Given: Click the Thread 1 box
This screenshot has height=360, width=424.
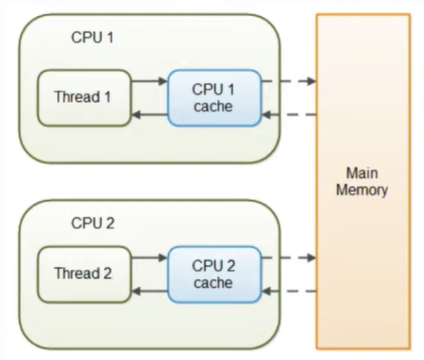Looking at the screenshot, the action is [x=84, y=98].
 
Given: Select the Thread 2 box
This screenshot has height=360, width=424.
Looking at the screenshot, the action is [x=84, y=274].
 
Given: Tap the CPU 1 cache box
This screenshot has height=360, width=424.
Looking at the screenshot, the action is [x=214, y=98].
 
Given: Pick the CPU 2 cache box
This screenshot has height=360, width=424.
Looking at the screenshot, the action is [x=214, y=275].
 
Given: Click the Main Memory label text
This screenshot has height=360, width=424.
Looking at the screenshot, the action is [x=362, y=182].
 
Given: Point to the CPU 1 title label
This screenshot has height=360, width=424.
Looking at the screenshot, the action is [x=92, y=37].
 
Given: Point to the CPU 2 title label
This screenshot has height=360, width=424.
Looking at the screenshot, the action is [x=93, y=223].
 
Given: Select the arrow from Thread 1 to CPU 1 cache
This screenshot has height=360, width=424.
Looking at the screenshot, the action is [x=149, y=81].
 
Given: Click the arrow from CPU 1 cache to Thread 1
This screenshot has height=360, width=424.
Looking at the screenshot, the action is [x=149, y=115].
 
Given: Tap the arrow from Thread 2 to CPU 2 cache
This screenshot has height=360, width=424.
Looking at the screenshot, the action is [x=149, y=258].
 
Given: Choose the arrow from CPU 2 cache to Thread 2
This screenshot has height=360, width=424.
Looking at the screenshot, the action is [x=149, y=291].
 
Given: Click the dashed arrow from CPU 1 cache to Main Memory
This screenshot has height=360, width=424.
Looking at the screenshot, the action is [x=289, y=81].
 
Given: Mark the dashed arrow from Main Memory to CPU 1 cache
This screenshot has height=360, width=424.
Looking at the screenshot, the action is [x=289, y=115].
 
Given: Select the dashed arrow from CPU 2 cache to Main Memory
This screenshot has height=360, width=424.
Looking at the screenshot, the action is [x=289, y=258].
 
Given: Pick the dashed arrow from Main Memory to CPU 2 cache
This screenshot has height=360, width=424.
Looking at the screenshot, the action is [x=289, y=291].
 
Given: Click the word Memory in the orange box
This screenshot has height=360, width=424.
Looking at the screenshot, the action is [x=362, y=190].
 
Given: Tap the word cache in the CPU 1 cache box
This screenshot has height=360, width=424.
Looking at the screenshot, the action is [x=213, y=106].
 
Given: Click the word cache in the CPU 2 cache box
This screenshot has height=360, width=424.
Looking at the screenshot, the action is [x=213, y=283].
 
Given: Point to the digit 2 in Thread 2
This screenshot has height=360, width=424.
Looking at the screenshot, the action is [x=107, y=273].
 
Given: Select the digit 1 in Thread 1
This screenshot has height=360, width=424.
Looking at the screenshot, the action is [x=107, y=96].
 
